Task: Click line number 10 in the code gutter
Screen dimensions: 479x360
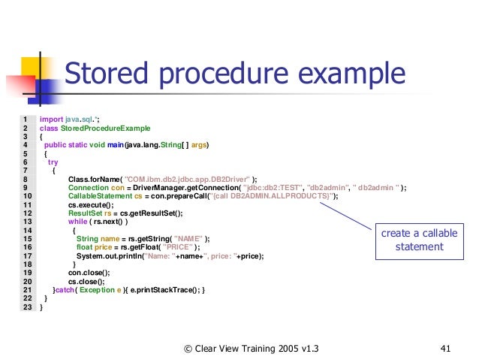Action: click(26, 195)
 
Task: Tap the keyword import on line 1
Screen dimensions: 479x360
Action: click(51, 119)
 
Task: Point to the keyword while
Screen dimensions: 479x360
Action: click(77, 221)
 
